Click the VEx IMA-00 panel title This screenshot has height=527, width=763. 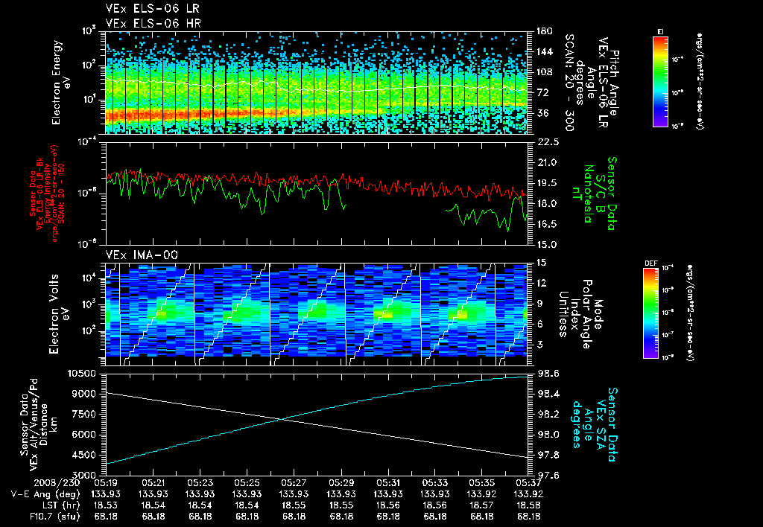tap(133, 255)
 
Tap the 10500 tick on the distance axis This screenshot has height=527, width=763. tap(83, 372)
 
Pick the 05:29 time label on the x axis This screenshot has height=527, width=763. tap(341, 482)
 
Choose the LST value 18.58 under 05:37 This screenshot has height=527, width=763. tap(528, 505)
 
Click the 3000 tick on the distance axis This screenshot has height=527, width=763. tap(86, 475)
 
